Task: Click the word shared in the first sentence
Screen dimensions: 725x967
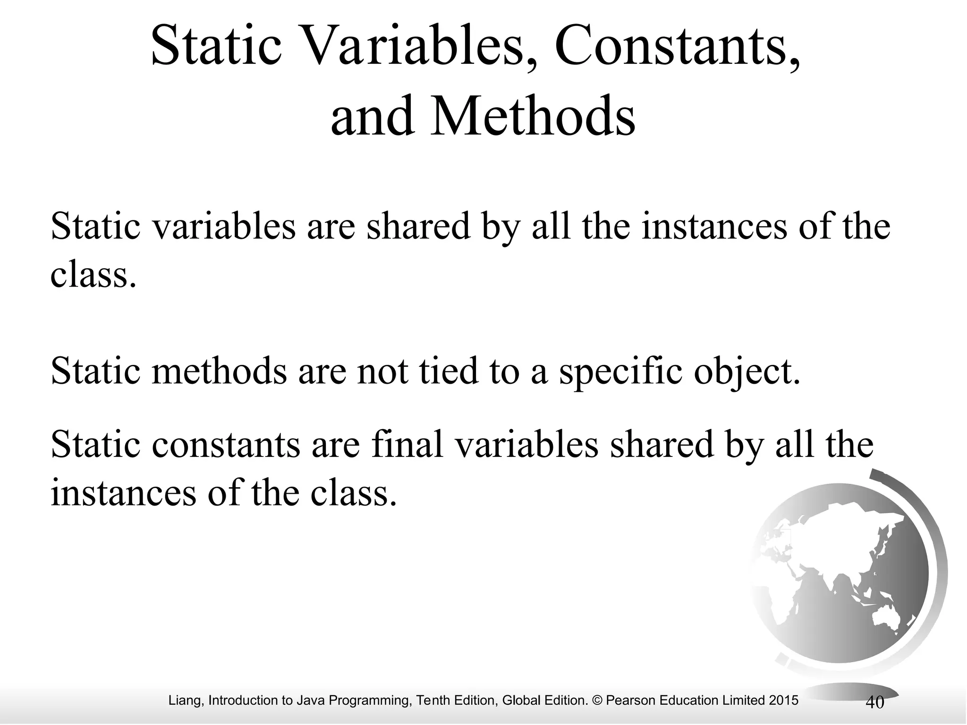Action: coord(418,226)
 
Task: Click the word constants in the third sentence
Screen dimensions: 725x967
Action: coord(226,445)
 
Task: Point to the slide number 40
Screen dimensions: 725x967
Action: coord(874,703)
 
